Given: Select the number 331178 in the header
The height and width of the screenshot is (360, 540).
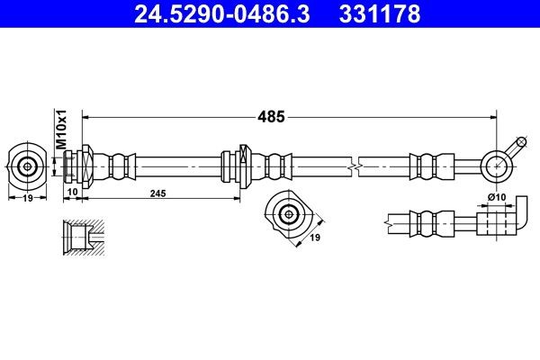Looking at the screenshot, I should pyautogui.click(x=379, y=14).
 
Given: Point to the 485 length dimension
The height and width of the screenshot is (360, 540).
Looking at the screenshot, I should pyautogui.click(x=272, y=116).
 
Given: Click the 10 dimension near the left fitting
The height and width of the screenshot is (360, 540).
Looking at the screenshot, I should pyautogui.click(x=71, y=193).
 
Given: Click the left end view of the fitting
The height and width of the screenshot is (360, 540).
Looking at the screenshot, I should pyautogui.click(x=28, y=166).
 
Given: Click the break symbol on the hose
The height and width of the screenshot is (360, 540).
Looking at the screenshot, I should pyautogui.click(x=358, y=166).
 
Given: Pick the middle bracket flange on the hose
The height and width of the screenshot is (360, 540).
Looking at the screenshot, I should pyautogui.click(x=232, y=166).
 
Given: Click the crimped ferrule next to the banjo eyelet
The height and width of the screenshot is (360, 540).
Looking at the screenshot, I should pyautogui.click(x=427, y=166).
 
